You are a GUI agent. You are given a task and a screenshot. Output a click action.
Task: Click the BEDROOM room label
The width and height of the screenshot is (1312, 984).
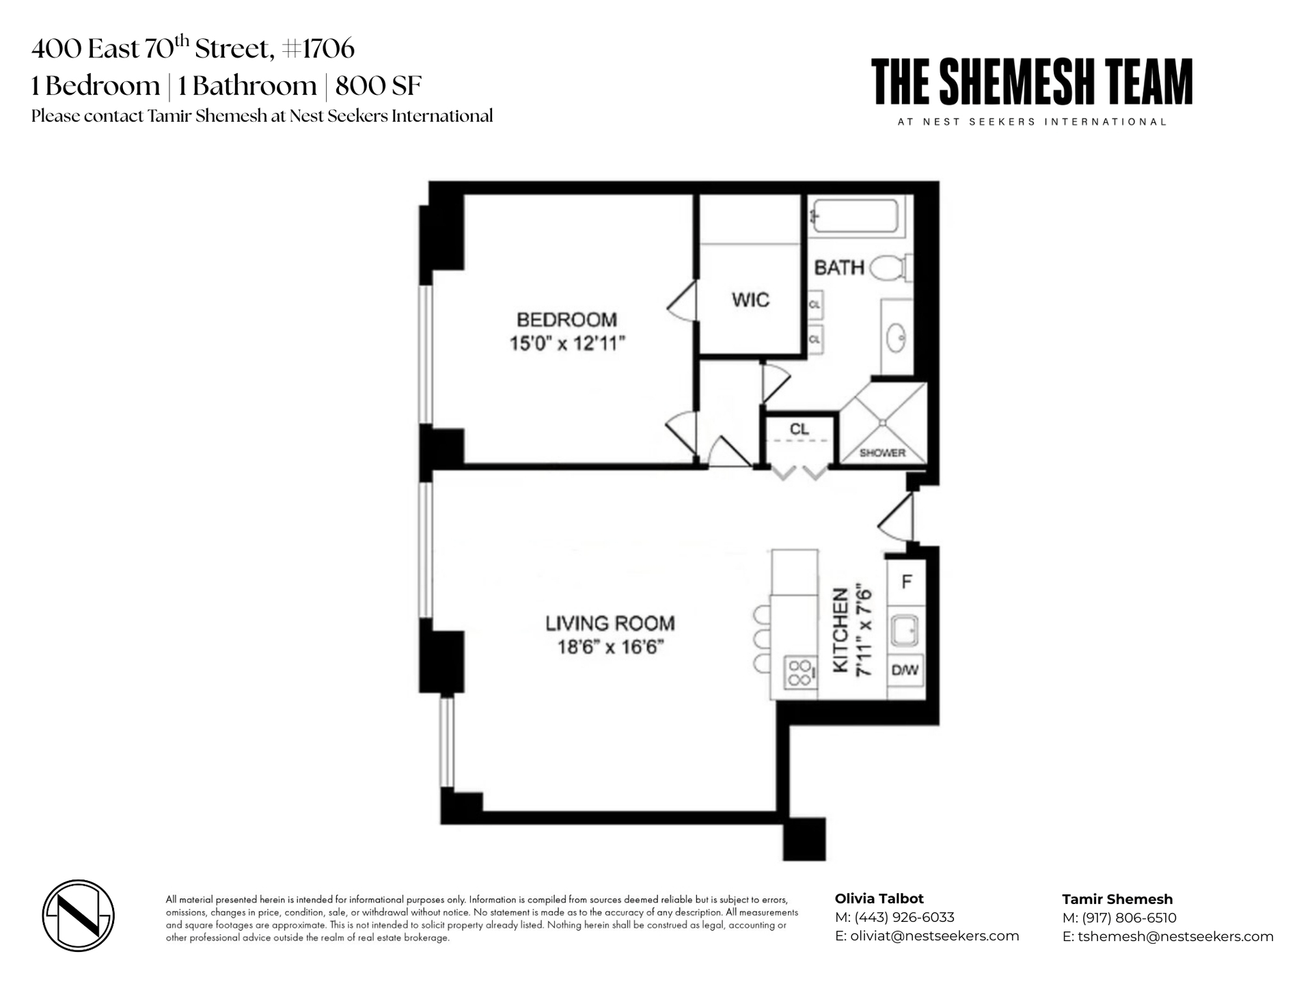pyautogui.click(x=566, y=320)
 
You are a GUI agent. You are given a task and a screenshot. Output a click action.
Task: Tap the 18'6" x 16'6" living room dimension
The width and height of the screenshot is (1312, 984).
pyautogui.click(x=610, y=646)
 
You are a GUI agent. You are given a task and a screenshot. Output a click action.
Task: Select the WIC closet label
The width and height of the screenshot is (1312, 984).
pyautogui.click(x=750, y=300)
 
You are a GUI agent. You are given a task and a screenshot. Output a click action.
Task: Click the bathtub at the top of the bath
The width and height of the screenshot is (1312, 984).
pyautogui.click(x=855, y=215)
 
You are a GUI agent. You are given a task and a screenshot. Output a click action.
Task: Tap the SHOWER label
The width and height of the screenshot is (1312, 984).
pyautogui.click(x=882, y=453)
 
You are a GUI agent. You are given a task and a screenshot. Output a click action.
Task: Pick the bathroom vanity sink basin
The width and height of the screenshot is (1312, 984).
pyautogui.click(x=896, y=338)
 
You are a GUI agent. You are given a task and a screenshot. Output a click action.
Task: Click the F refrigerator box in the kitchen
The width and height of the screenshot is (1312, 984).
pyautogui.click(x=907, y=582)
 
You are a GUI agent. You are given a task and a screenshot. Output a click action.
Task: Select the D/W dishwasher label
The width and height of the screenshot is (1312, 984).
pyautogui.click(x=905, y=670)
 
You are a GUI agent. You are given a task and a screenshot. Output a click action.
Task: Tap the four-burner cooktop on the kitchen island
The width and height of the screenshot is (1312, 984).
pyautogui.click(x=799, y=672)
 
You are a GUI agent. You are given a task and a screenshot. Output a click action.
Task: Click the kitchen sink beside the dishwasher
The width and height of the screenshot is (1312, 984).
pyautogui.click(x=905, y=630)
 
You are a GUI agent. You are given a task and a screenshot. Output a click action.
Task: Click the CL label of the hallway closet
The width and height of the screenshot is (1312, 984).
pyautogui.click(x=799, y=429)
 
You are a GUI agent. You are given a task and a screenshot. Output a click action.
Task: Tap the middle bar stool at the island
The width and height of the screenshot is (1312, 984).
pyautogui.click(x=761, y=640)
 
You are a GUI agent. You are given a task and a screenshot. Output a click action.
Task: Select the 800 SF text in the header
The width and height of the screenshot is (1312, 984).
pyautogui.click(x=378, y=86)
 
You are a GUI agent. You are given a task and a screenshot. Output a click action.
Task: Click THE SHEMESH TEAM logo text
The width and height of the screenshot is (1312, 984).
pyautogui.click(x=1031, y=82)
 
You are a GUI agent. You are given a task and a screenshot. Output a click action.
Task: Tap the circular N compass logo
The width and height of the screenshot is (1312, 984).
pyautogui.click(x=78, y=915)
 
